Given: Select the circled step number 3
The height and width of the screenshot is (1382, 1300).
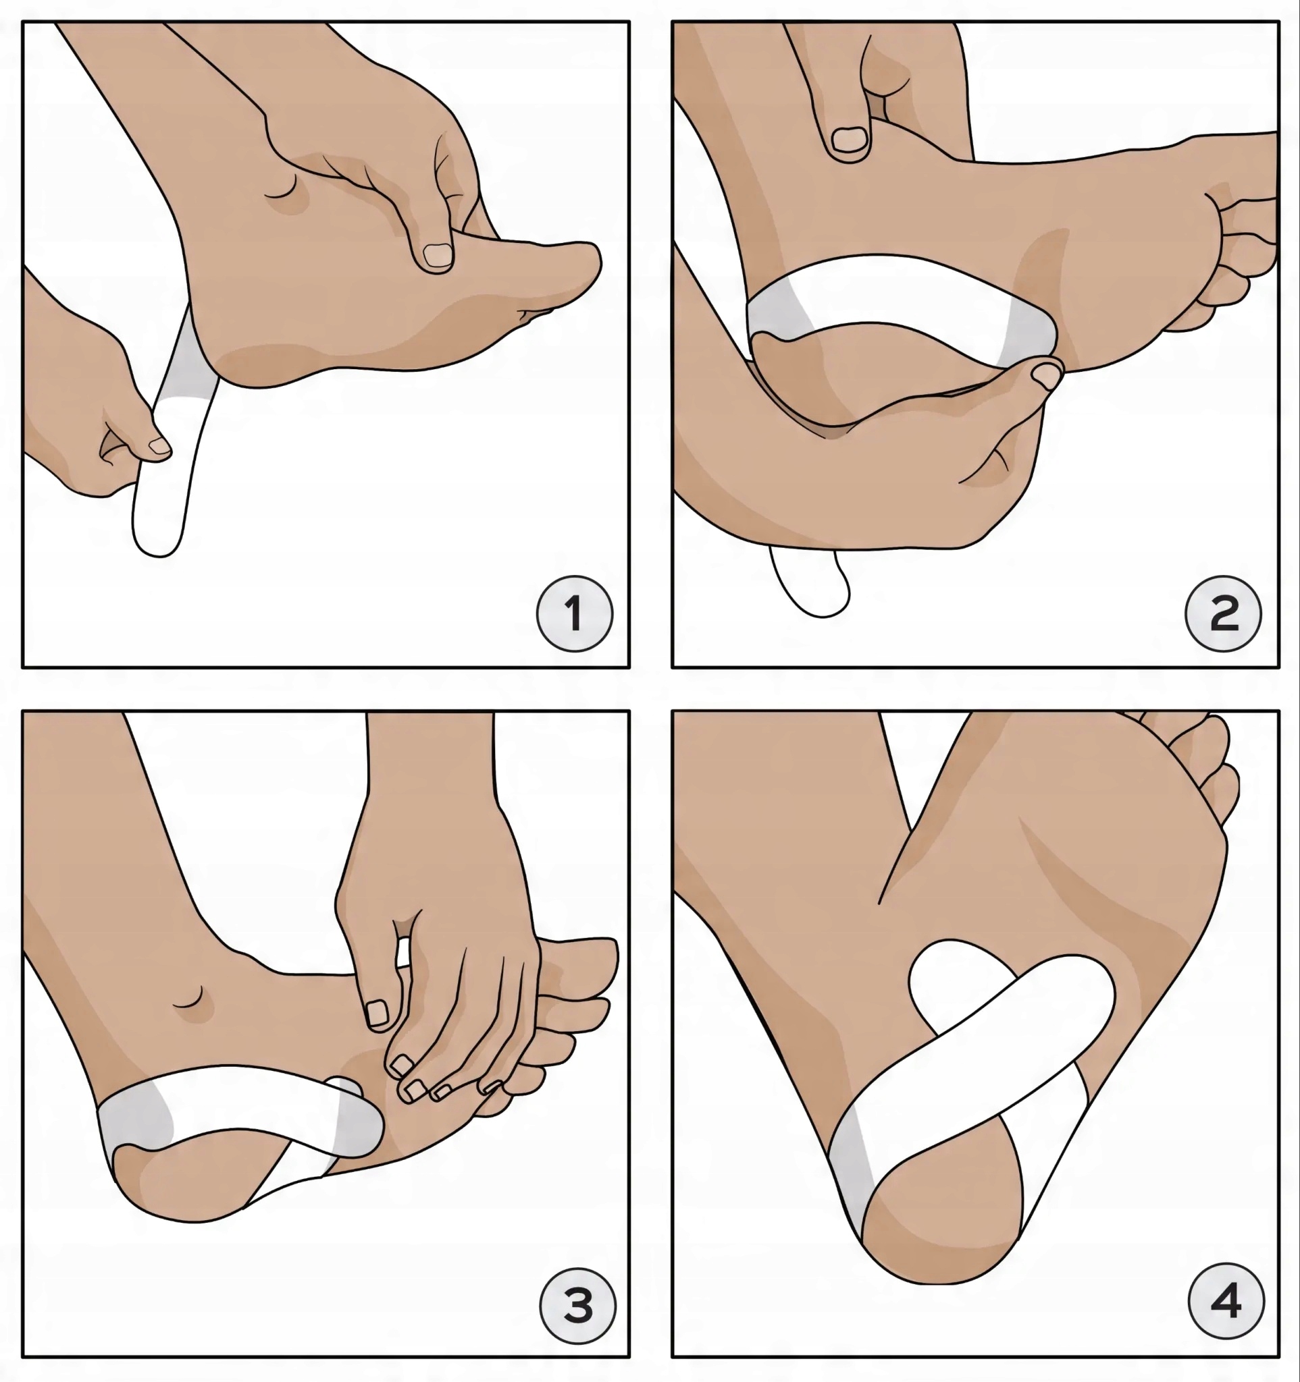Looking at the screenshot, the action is [578, 1305].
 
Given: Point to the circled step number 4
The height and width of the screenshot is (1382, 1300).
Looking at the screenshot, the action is [1226, 1300].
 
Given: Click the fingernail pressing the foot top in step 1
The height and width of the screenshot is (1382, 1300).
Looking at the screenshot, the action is [438, 256].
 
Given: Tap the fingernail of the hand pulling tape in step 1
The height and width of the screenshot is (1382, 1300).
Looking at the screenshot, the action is [159, 446].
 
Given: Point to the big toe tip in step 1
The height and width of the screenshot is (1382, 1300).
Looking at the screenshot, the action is [590, 262].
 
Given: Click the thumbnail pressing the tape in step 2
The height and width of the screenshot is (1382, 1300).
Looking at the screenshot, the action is [1045, 376].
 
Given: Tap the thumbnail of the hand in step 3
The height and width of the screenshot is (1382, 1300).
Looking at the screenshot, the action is [377, 1014].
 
